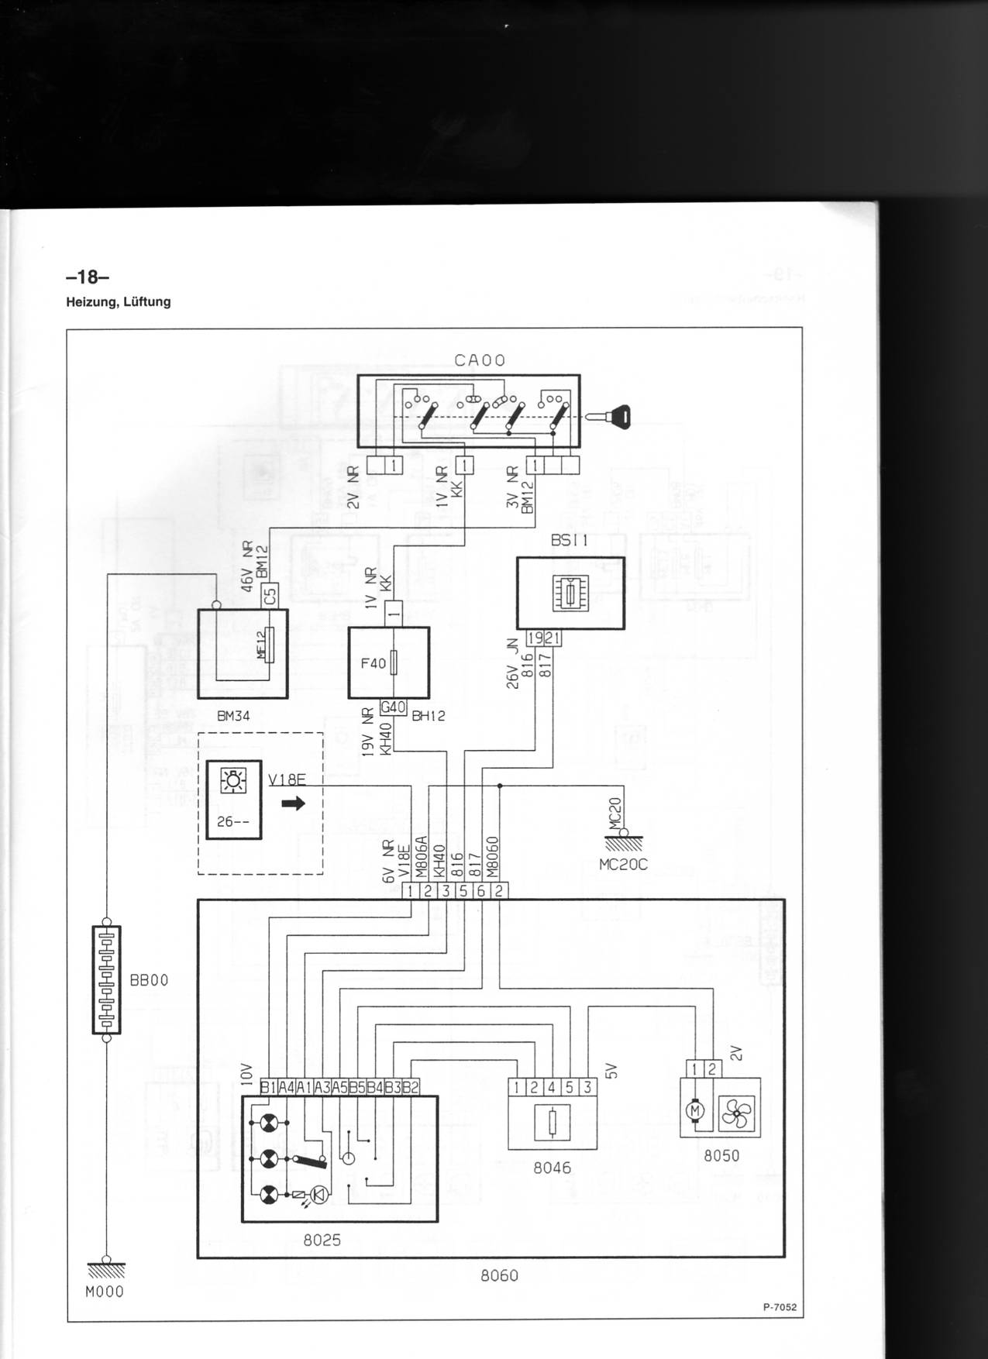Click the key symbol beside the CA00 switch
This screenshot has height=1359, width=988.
click(611, 416)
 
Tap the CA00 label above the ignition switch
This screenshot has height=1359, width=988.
click(480, 360)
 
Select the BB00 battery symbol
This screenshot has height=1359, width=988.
click(107, 979)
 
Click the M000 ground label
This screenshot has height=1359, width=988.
click(105, 1292)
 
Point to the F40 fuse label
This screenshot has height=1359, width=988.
click(373, 663)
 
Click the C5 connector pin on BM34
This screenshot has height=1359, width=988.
click(270, 597)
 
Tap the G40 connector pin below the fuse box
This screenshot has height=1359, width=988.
click(394, 707)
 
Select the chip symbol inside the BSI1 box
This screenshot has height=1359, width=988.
click(570, 594)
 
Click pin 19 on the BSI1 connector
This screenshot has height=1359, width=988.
click(535, 638)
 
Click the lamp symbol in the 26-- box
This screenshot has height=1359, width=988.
click(233, 780)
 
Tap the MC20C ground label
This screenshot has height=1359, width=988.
click(623, 864)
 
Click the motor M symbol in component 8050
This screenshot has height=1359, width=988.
click(694, 1112)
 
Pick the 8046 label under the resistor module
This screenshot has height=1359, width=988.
click(552, 1168)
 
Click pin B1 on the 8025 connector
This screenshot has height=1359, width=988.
click(268, 1088)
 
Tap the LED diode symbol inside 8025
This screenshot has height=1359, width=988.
click(318, 1194)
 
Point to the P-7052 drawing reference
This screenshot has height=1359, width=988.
click(779, 1307)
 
